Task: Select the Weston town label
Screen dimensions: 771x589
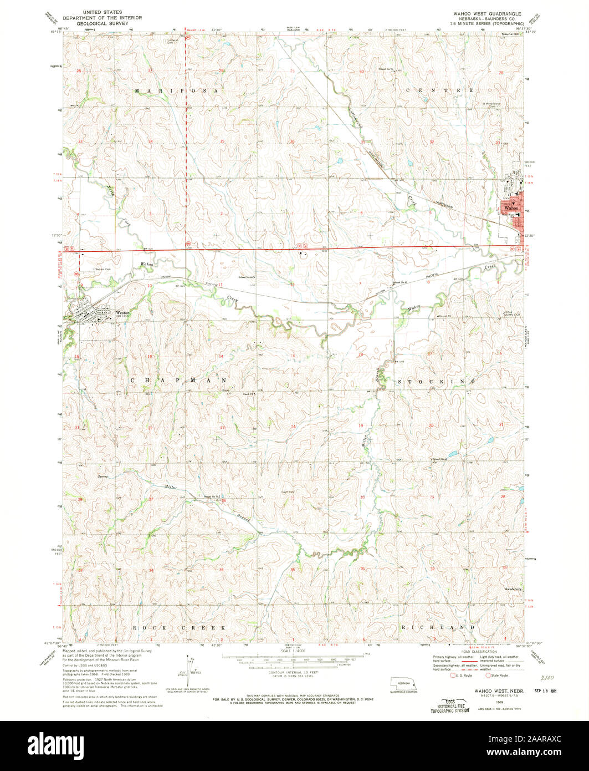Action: pyautogui.click(x=122, y=313)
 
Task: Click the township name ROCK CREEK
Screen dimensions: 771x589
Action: pyautogui.click(x=180, y=627)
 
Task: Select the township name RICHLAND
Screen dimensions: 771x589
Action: pyautogui.click(x=437, y=627)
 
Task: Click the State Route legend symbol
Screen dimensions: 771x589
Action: pyautogui.click(x=488, y=675)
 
